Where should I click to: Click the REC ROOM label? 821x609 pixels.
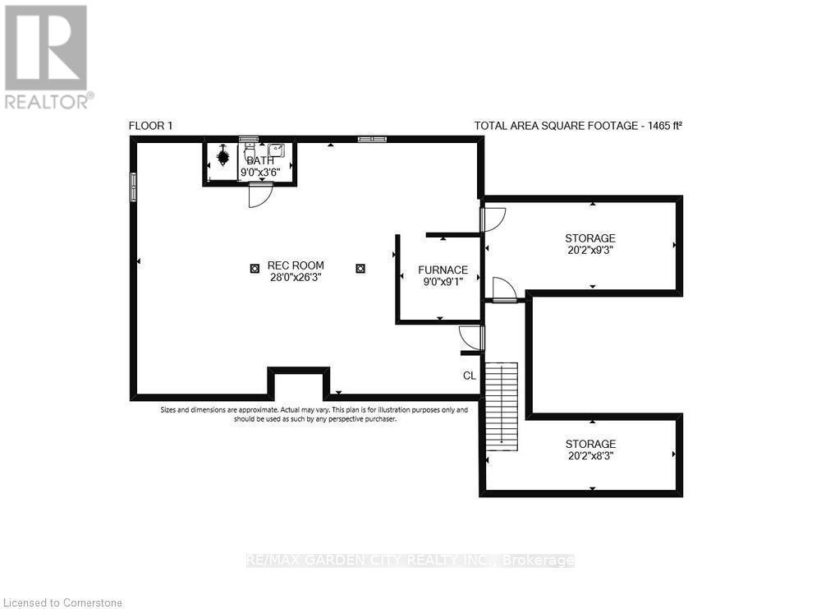[x=296, y=265]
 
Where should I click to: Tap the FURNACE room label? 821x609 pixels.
[x=443, y=270]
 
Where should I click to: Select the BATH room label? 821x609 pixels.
[x=260, y=160]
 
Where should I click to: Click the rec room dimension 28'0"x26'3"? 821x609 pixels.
[x=296, y=278]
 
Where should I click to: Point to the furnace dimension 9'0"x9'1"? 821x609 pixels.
[x=443, y=282]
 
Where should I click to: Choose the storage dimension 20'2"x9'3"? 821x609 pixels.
[x=589, y=251]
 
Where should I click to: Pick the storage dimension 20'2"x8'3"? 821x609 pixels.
[x=589, y=456]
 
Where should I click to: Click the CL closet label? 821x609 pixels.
[x=470, y=376]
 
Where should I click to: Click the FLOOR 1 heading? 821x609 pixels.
[x=151, y=126]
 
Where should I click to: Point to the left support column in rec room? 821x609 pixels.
[x=254, y=267]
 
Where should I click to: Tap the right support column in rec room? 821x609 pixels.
[x=360, y=267]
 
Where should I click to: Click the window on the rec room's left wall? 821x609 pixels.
[x=133, y=186]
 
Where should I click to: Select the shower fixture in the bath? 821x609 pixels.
[x=223, y=156]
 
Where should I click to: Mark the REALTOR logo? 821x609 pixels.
[x=47, y=56]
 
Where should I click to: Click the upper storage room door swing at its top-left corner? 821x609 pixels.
[x=493, y=218]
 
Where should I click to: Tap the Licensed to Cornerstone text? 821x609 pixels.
[x=62, y=602]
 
